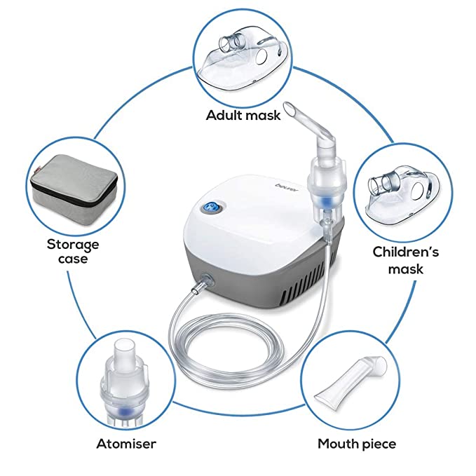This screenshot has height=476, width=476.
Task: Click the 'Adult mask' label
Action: click(x=243, y=114)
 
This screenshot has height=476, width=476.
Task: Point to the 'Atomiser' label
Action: click(x=126, y=443)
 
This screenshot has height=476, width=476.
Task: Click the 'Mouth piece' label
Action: click(x=357, y=443)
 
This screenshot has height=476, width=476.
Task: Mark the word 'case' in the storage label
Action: click(x=73, y=259)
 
